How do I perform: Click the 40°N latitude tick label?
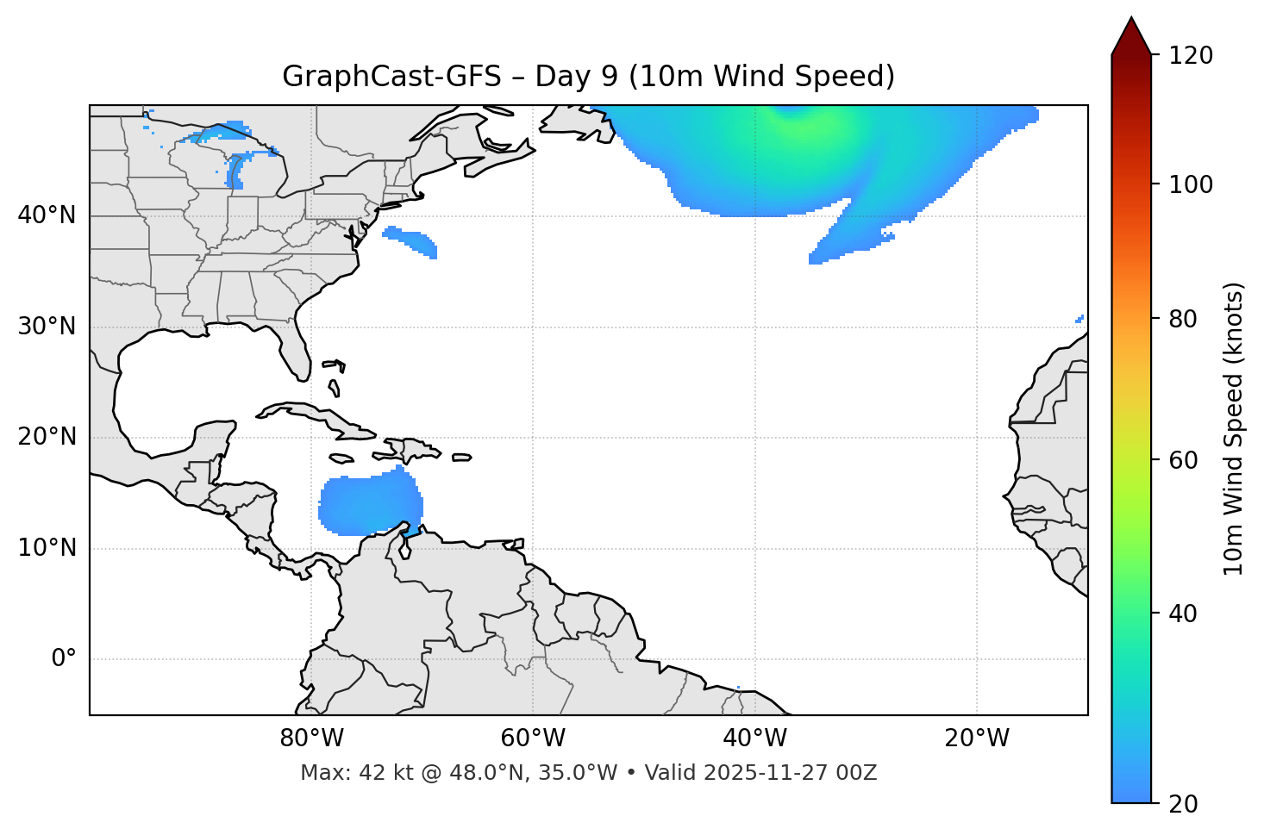point(47,215)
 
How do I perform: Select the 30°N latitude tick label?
point(47,327)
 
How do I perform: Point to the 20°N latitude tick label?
point(47,437)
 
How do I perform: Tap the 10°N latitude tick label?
point(47,548)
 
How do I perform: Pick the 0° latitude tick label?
point(64,659)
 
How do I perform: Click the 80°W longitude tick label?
point(311,738)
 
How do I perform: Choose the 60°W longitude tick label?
point(533,738)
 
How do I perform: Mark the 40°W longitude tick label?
point(754,738)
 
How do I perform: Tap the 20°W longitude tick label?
point(977,738)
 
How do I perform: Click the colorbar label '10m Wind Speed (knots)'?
point(1234,428)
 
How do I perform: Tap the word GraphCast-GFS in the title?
point(391,77)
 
